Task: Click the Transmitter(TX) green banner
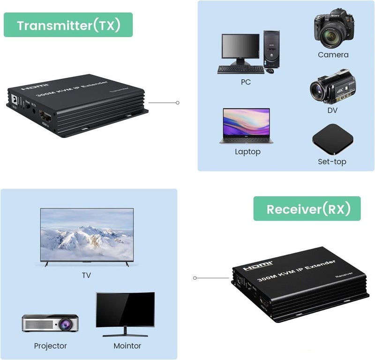click(x=68, y=25)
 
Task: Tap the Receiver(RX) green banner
click(x=307, y=209)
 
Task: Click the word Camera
click(x=333, y=55)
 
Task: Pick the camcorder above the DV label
click(x=330, y=88)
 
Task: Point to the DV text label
click(x=332, y=110)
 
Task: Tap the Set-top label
click(x=332, y=162)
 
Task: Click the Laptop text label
click(x=247, y=152)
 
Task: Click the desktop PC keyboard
click(x=240, y=69)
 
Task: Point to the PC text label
click(x=246, y=82)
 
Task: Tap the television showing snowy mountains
click(x=87, y=237)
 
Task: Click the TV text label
click(x=86, y=276)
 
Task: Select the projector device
click(x=50, y=323)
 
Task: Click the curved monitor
click(x=125, y=312)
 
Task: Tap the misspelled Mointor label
click(x=127, y=346)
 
